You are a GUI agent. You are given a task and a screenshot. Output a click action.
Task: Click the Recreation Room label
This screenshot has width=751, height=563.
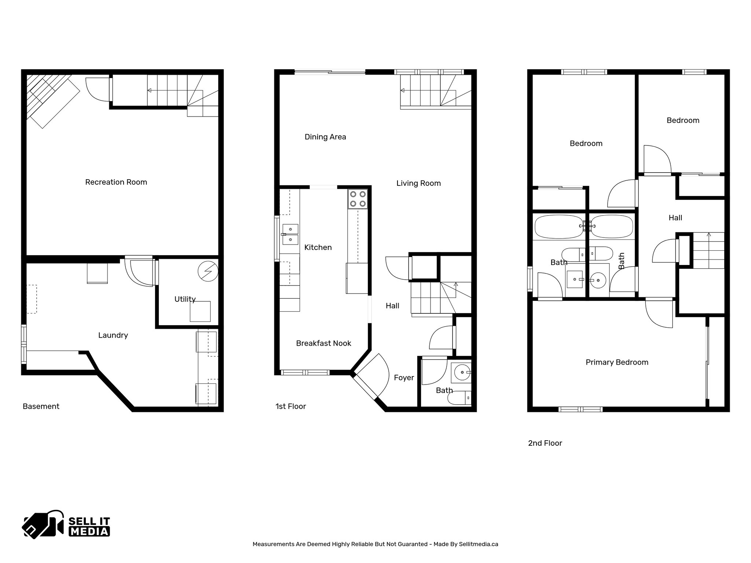click(x=116, y=182)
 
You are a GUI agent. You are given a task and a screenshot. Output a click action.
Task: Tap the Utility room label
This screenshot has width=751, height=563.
click(x=185, y=299)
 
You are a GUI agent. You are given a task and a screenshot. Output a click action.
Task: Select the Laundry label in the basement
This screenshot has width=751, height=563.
click(x=113, y=335)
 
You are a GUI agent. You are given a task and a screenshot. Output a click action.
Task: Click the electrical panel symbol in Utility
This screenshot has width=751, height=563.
click(x=208, y=272)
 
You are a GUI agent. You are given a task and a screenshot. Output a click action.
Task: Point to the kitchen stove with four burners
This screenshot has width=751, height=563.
click(x=358, y=199)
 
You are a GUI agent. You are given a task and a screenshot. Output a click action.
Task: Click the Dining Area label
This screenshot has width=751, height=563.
click(x=325, y=137)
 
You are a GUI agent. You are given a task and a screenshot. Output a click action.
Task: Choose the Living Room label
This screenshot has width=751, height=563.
click(x=418, y=183)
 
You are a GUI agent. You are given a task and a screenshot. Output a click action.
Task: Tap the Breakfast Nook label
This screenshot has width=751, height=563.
click(x=323, y=343)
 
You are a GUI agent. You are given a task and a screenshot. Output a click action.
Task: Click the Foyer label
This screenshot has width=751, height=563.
click(x=404, y=378)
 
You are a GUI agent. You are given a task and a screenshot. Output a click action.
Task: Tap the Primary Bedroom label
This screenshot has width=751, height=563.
click(x=617, y=362)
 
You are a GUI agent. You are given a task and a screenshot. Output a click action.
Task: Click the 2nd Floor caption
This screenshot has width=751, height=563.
click(x=545, y=443)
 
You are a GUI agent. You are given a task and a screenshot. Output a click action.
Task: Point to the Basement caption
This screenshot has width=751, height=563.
click(x=41, y=406)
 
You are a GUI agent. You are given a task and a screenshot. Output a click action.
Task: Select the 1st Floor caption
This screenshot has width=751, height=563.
click(x=290, y=406)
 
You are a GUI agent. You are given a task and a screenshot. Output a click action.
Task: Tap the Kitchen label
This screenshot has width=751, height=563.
click(x=318, y=247)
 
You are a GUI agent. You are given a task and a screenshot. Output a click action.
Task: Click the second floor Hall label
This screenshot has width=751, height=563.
click(x=675, y=218)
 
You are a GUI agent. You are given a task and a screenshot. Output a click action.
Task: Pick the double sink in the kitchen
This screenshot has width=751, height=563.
click(x=290, y=234)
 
